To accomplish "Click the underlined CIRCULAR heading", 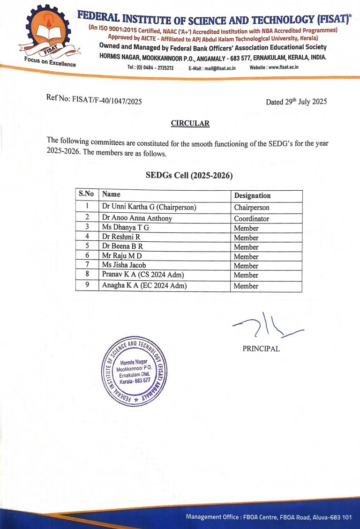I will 190,124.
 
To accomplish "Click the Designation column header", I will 252,195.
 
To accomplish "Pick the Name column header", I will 111,194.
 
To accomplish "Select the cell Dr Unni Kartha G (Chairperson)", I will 149,207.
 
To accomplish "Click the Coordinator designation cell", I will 252,218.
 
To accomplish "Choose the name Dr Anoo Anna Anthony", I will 137,218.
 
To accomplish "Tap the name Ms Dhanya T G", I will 125,228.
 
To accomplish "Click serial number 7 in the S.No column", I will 87,265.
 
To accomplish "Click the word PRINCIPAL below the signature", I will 261,349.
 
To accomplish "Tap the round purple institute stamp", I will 134,371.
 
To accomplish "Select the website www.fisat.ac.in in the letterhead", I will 274,67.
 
